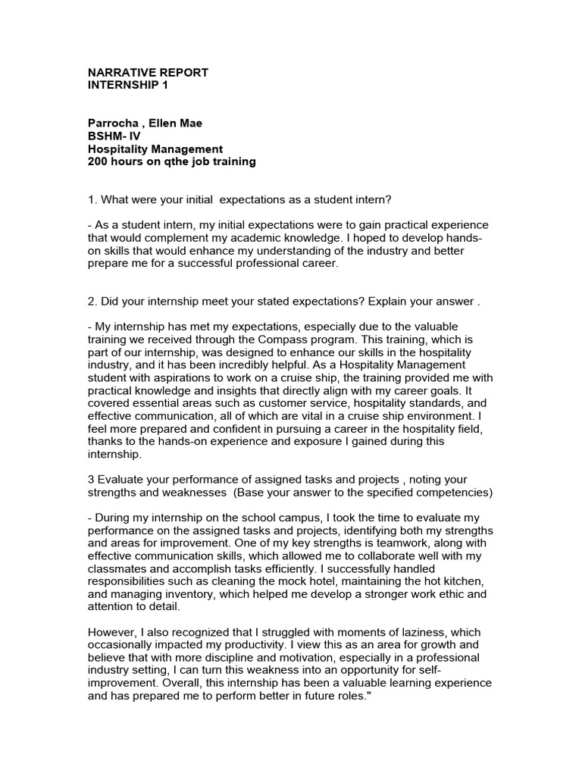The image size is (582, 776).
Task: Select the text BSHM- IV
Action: [114, 136]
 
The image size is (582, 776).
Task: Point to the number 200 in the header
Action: [99, 161]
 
